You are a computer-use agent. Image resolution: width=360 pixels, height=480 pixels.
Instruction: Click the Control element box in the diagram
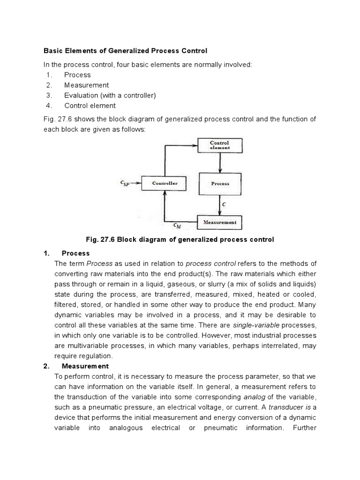pyautogui.click(x=219, y=145)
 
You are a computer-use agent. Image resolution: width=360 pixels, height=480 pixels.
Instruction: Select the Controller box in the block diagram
pyautogui.click(x=165, y=183)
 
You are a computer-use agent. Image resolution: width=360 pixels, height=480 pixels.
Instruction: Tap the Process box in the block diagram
pyautogui.click(x=219, y=184)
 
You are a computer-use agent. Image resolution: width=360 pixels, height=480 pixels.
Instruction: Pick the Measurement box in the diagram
pyautogui.click(x=219, y=222)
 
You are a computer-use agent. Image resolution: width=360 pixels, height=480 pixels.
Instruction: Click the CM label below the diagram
pyautogui.click(x=177, y=226)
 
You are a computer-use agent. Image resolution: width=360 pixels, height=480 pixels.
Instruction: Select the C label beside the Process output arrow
pyautogui.click(x=225, y=204)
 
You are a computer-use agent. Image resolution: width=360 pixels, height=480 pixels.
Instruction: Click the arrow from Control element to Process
pyautogui.click(x=220, y=162)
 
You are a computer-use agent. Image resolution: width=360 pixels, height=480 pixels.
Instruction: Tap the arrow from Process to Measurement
pyautogui.click(x=220, y=205)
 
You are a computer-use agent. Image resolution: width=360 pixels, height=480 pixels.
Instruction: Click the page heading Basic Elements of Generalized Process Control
pyautogui.click(x=125, y=51)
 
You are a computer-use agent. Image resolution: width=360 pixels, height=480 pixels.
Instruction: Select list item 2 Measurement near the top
pyautogui.click(x=86, y=85)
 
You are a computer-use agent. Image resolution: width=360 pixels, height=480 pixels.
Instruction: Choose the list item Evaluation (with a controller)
pyautogui.click(x=110, y=96)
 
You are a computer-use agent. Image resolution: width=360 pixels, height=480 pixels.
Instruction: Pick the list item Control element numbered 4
pyautogui.click(x=90, y=106)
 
